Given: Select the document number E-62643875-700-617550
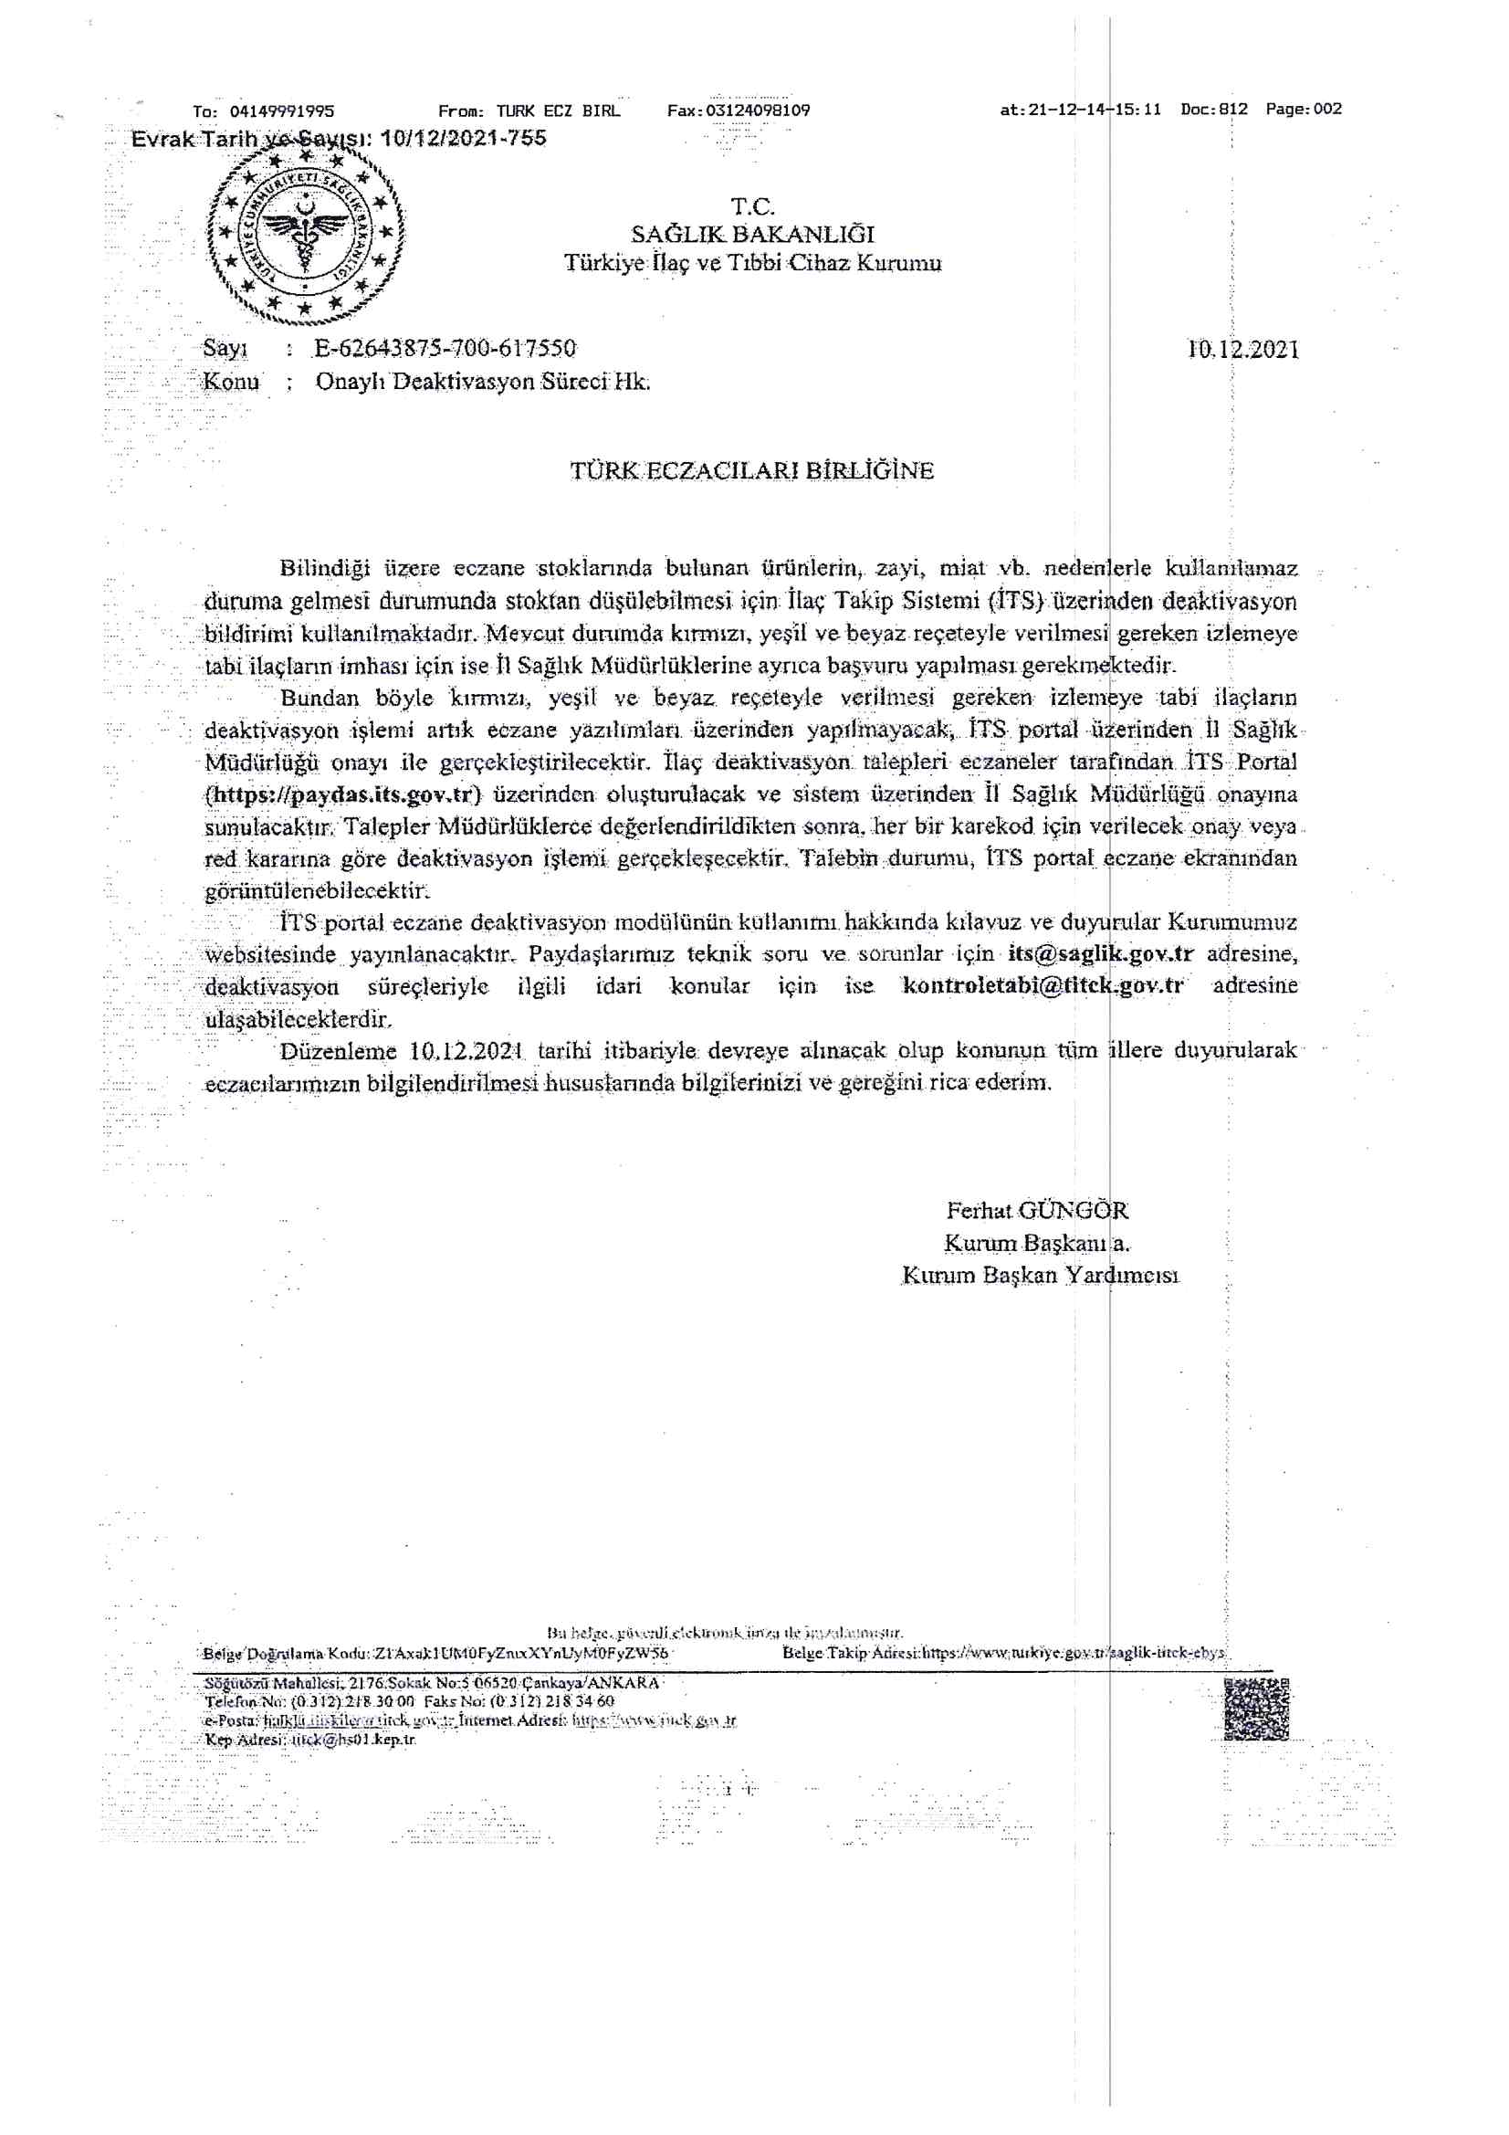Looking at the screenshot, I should [445, 349].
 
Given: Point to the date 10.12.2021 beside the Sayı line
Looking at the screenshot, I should [1243, 350].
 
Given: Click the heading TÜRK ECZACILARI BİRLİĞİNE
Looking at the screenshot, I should [752, 470].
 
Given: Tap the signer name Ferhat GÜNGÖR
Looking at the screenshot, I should [1037, 1211].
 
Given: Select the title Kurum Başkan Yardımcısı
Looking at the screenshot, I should [1040, 1276].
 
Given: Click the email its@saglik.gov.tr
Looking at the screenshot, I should [1100, 954].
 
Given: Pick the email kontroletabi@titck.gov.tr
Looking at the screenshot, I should [1043, 985].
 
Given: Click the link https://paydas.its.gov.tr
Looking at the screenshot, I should [344, 795].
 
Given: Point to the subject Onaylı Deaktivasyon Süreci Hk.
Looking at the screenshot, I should [483, 383].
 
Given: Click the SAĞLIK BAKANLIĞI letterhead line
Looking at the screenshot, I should [752, 235].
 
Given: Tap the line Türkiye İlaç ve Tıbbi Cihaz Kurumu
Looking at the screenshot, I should [752, 264].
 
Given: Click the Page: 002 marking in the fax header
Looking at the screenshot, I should [1304, 109].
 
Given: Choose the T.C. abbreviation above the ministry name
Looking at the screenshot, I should [752, 205].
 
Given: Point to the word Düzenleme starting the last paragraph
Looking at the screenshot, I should [340, 1051].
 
